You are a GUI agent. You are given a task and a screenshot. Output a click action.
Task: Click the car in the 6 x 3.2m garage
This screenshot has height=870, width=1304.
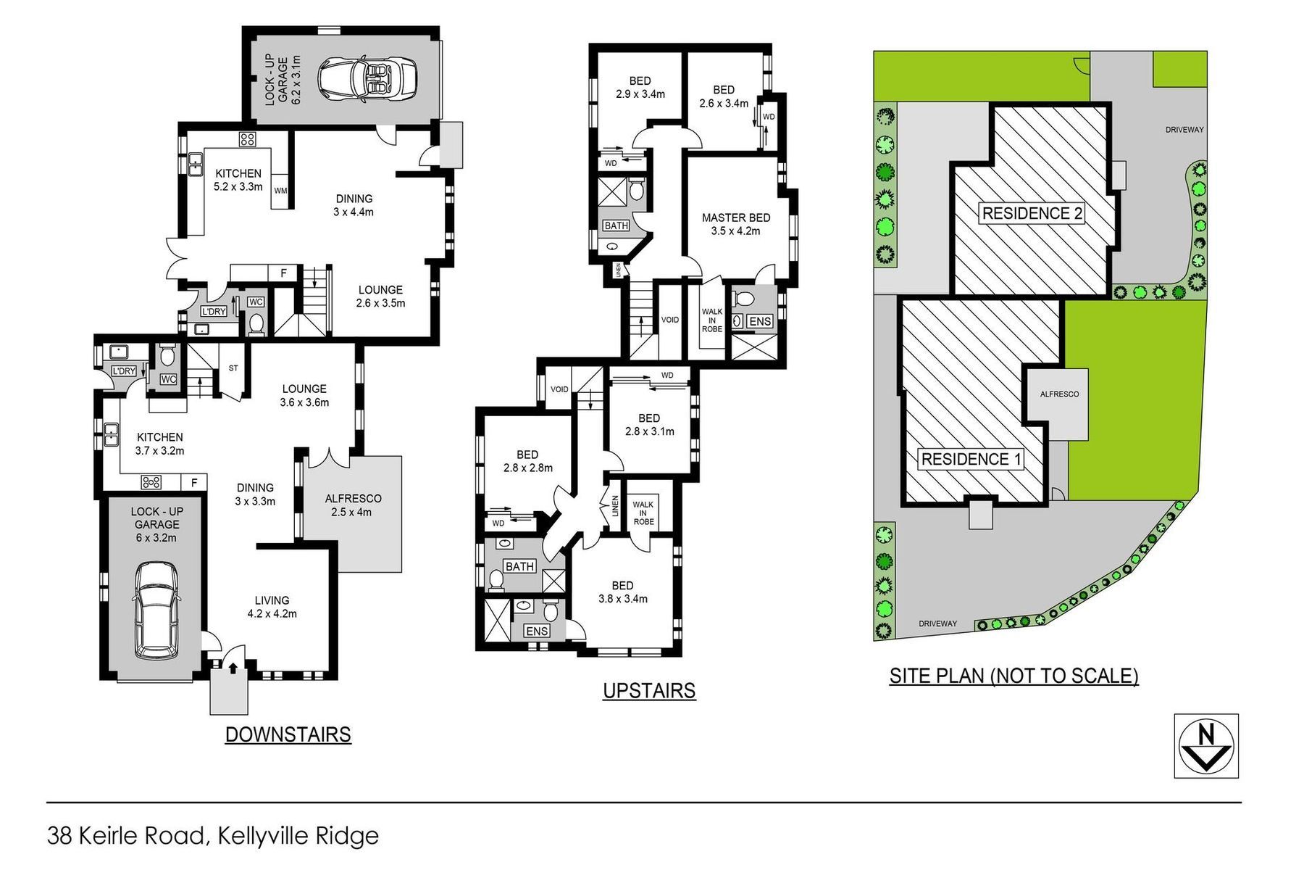click(x=156, y=610)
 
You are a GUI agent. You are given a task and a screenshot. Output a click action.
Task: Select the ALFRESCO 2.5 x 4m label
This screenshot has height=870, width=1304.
click(x=353, y=505)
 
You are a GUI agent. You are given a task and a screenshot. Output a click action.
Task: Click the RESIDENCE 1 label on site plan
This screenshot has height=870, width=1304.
click(x=971, y=459)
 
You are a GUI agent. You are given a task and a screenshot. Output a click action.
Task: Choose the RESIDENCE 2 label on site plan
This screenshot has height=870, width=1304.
click(x=1032, y=213)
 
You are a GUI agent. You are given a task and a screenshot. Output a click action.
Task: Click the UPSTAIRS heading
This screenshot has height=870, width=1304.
click(x=649, y=691)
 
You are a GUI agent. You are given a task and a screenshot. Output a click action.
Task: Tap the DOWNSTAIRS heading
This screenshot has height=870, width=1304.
click(x=288, y=734)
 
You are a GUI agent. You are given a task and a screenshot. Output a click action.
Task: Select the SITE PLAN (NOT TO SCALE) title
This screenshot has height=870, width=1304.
click(x=1013, y=676)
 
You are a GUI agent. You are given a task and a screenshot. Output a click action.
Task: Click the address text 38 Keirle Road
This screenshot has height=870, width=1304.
click(x=126, y=835)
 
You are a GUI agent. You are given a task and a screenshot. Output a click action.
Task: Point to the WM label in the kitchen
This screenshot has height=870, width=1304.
click(x=280, y=191)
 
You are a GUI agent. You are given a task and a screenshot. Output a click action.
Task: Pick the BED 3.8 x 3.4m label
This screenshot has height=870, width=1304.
click(x=622, y=592)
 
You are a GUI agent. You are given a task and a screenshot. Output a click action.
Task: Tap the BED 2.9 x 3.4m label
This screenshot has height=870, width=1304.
click(x=640, y=88)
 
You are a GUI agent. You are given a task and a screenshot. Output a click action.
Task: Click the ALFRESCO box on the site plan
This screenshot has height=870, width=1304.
click(x=1056, y=401)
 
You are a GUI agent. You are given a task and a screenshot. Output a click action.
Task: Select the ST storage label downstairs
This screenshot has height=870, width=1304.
click(x=233, y=368)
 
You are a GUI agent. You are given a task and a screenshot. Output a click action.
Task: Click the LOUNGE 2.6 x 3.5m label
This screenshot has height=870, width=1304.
click(x=380, y=297)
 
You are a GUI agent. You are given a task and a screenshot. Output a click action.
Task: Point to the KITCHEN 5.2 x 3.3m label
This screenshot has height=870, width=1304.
click(x=238, y=180)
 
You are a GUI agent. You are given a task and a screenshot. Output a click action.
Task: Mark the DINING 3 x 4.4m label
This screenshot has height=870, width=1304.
click(x=354, y=205)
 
